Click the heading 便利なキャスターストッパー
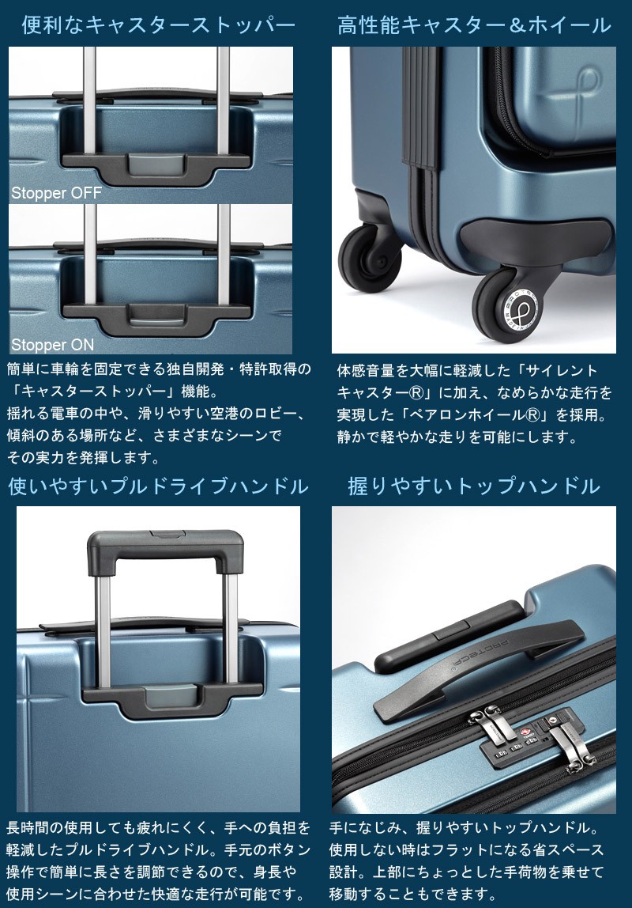click(x=158, y=25)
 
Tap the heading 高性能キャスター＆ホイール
click(x=474, y=25)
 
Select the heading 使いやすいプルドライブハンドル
click(x=158, y=486)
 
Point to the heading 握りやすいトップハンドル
click(x=474, y=486)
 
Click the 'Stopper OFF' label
click(x=57, y=193)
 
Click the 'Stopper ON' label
click(x=53, y=345)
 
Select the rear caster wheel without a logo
click(x=370, y=258)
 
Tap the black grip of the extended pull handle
click(x=165, y=550)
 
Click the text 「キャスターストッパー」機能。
click(x=113, y=392)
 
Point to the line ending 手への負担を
click(x=158, y=828)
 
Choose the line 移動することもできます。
click(x=413, y=894)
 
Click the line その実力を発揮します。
click(x=83, y=457)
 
